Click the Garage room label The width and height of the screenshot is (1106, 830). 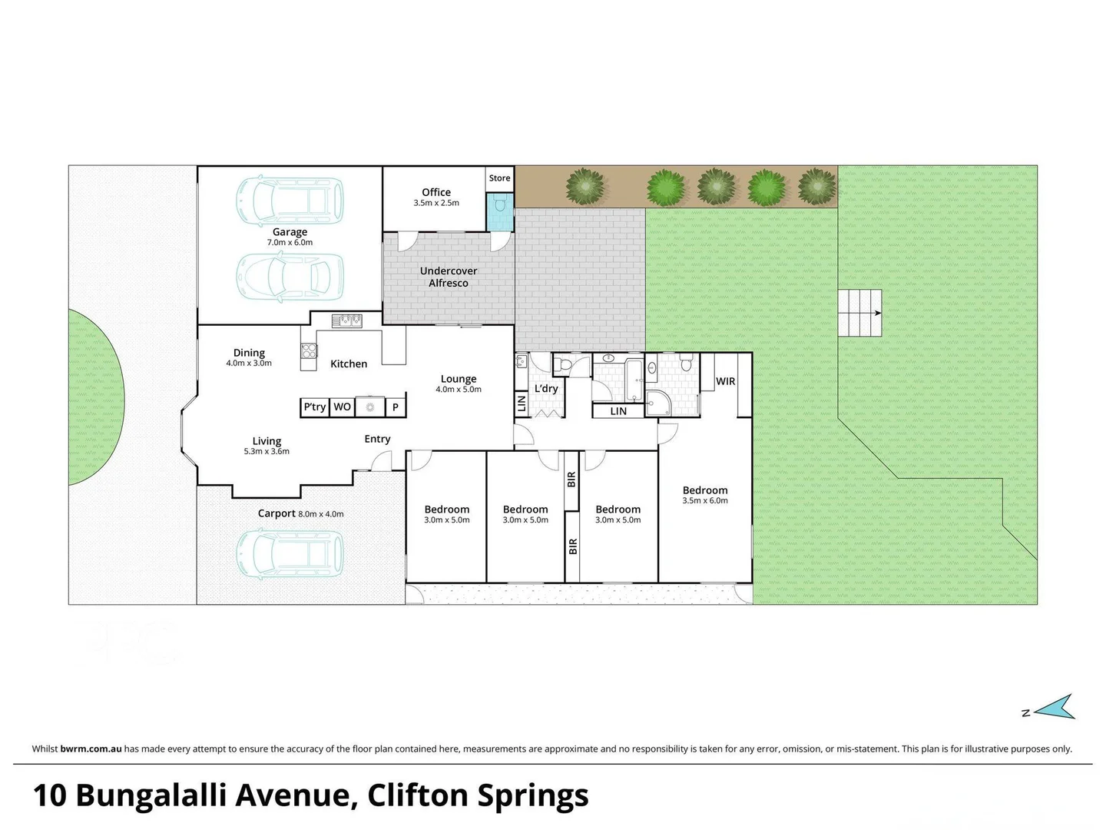(x=290, y=232)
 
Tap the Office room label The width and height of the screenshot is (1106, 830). (x=436, y=192)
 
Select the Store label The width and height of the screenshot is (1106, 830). (x=499, y=178)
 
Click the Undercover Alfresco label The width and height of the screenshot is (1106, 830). (x=449, y=277)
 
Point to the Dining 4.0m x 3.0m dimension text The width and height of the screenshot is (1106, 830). (x=249, y=364)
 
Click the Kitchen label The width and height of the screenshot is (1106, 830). (x=349, y=364)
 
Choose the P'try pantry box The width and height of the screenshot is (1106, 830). (x=315, y=407)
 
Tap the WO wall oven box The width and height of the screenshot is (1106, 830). (x=343, y=407)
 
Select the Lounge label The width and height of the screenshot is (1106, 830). (x=459, y=379)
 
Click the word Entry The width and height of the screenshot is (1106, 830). (x=377, y=439)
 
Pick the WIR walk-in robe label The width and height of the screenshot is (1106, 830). (x=726, y=381)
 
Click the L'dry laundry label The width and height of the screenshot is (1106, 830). (x=546, y=389)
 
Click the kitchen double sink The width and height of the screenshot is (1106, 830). (x=348, y=320)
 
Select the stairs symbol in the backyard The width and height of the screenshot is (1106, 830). (x=859, y=313)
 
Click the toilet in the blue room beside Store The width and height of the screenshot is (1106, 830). (x=500, y=206)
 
